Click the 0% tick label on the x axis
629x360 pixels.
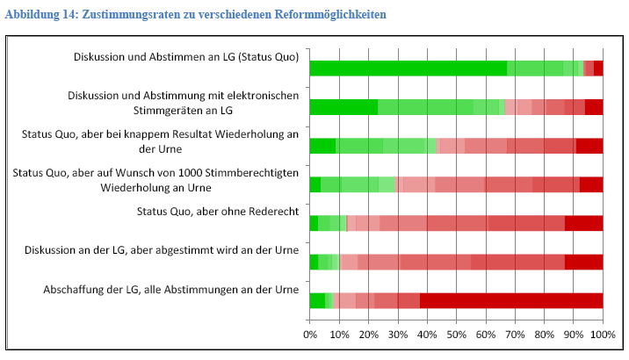pyautogui.click(x=310, y=334)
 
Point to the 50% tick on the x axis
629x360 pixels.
pyautogui.click(x=456, y=334)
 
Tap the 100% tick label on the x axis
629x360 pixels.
pyautogui.click(x=602, y=334)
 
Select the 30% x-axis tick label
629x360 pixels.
pyautogui.click(x=398, y=334)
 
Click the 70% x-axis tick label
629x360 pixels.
pyautogui.click(x=515, y=334)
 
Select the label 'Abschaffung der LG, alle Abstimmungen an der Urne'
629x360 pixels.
pyautogui.click(x=170, y=289)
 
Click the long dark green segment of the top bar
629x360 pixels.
pyautogui.click(x=408, y=68)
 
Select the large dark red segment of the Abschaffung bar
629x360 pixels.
pyautogui.click(x=511, y=300)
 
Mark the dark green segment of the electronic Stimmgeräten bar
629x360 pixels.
pyautogui.click(x=344, y=107)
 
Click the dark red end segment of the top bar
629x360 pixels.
pyautogui.click(x=598, y=68)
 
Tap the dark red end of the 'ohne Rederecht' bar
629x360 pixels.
pyautogui.click(x=583, y=223)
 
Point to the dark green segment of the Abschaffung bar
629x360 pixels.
pyautogui.click(x=317, y=300)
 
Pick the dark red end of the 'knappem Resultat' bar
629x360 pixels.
pyautogui.click(x=589, y=146)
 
